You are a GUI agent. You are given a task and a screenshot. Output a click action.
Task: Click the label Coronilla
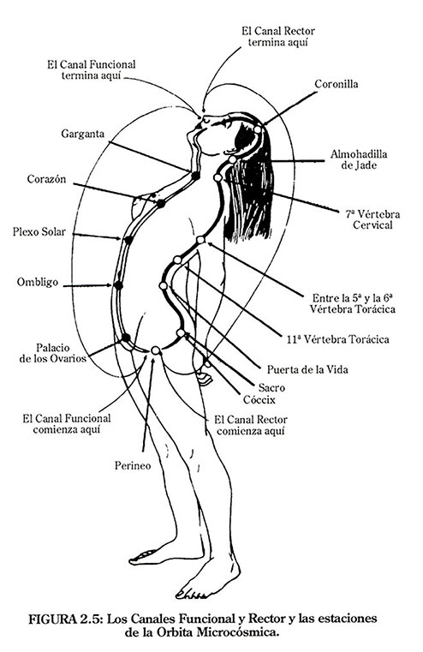(x=337, y=84)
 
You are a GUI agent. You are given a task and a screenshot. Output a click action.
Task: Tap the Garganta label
(x=83, y=135)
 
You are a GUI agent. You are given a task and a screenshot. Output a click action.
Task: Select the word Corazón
(x=46, y=179)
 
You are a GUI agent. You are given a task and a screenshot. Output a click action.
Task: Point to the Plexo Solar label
(x=39, y=231)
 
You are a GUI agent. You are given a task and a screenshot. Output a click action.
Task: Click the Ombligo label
(x=38, y=283)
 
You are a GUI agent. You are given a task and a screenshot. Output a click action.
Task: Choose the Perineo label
(x=133, y=466)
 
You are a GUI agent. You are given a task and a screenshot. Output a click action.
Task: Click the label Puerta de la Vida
(x=307, y=369)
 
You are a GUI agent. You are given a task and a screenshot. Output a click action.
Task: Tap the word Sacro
(x=271, y=388)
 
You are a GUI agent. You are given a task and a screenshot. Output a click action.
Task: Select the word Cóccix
(x=259, y=400)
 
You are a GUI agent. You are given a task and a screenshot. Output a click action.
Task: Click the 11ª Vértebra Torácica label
(x=338, y=339)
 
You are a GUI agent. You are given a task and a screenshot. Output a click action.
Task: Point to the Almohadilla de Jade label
(x=359, y=159)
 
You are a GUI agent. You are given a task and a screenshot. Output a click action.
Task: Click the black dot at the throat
(x=195, y=176)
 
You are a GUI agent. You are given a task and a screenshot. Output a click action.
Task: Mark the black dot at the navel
(x=118, y=285)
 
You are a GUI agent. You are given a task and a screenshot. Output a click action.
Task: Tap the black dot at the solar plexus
(x=128, y=240)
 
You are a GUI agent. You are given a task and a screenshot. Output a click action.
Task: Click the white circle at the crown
(x=258, y=129)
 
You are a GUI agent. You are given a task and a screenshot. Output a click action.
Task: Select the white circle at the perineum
(x=155, y=350)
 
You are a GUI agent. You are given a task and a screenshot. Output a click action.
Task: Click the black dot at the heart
(x=161, y=204)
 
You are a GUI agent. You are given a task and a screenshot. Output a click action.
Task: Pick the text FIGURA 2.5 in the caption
(x=65, y=619)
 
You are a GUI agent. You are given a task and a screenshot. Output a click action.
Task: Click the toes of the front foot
(x=192, y=594)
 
